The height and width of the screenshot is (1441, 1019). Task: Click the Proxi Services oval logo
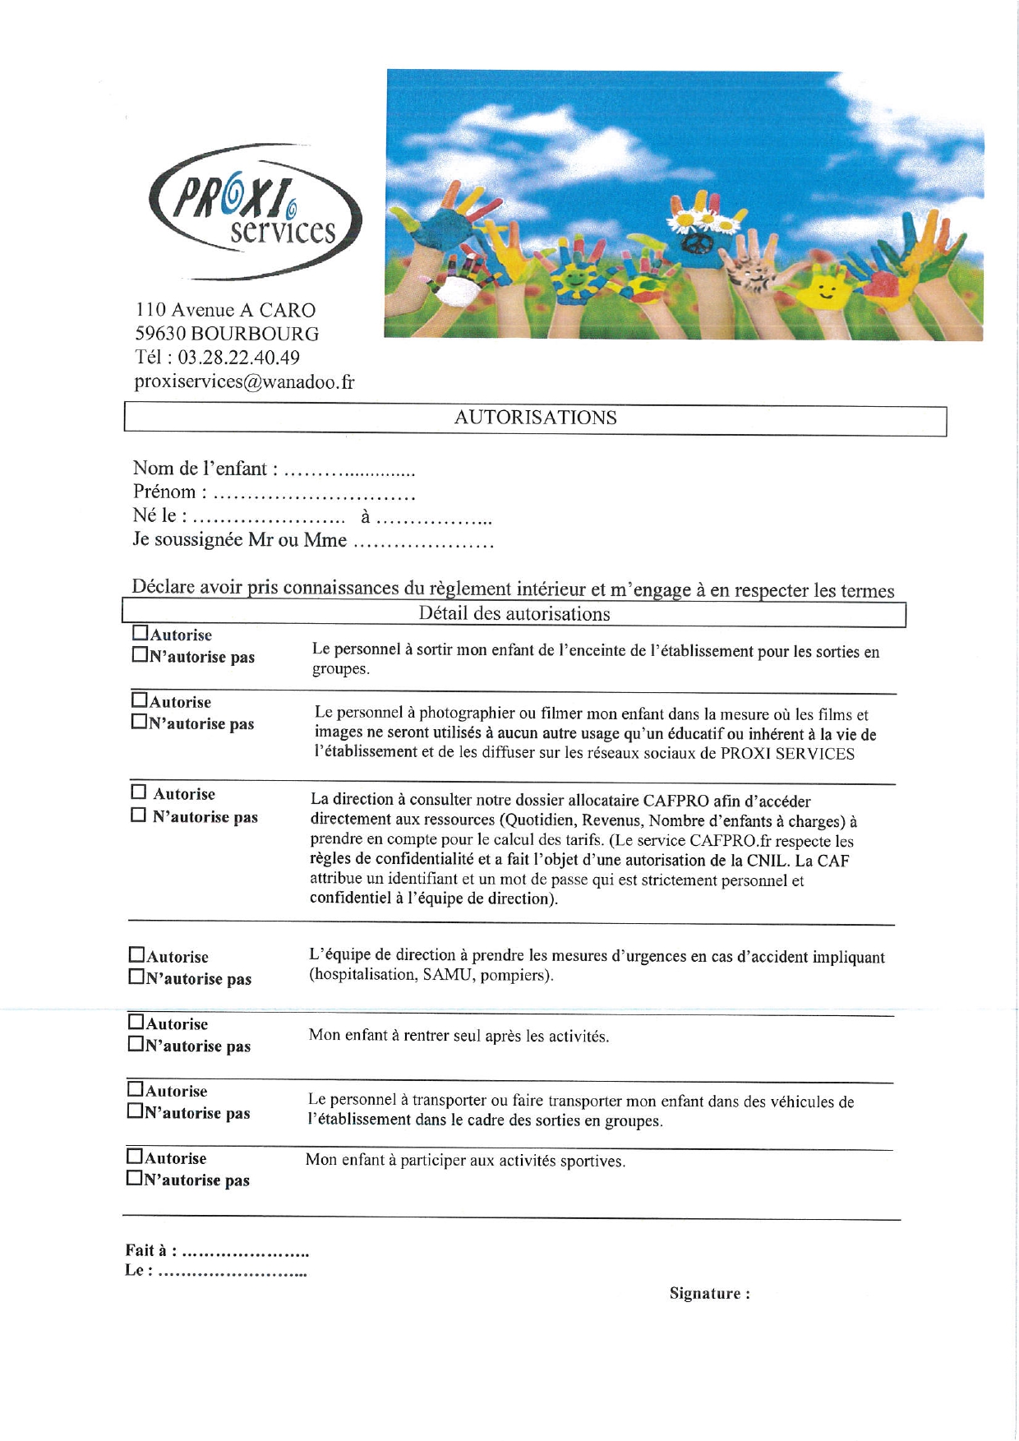255,212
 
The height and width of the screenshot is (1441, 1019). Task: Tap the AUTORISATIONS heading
535,418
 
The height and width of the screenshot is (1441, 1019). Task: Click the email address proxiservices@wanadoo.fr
244,381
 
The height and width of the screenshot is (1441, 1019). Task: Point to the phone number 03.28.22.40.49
238,358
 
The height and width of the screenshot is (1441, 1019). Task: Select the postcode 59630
160,334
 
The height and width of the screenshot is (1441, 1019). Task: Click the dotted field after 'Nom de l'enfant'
348,472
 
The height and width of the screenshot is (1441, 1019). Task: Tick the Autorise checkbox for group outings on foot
141,634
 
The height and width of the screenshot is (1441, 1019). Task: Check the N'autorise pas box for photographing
140,723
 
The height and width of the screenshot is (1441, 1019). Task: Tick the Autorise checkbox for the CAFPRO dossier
139,792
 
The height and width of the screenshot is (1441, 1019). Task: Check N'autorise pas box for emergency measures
136,977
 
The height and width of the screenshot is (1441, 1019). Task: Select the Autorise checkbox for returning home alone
136,1022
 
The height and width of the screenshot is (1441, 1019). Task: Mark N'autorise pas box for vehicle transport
135,1111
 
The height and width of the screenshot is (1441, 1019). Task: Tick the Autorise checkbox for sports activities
135,1156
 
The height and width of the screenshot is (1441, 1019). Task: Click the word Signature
704,1293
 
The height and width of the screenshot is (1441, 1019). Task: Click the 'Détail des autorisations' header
514,614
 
